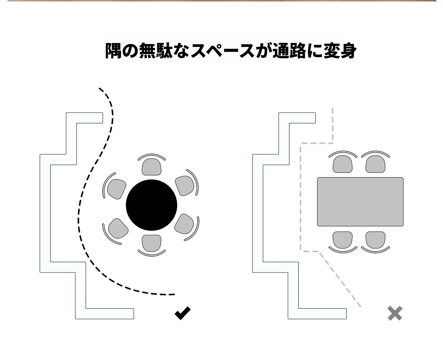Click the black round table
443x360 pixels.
[151, 205]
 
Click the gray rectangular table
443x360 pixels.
[360, 202]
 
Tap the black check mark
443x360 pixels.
[183, 313]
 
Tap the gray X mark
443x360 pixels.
[395, 313]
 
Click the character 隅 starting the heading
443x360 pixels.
[113, 51]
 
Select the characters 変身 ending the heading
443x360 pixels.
[340, 51]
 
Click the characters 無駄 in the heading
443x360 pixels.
[156, 51]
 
